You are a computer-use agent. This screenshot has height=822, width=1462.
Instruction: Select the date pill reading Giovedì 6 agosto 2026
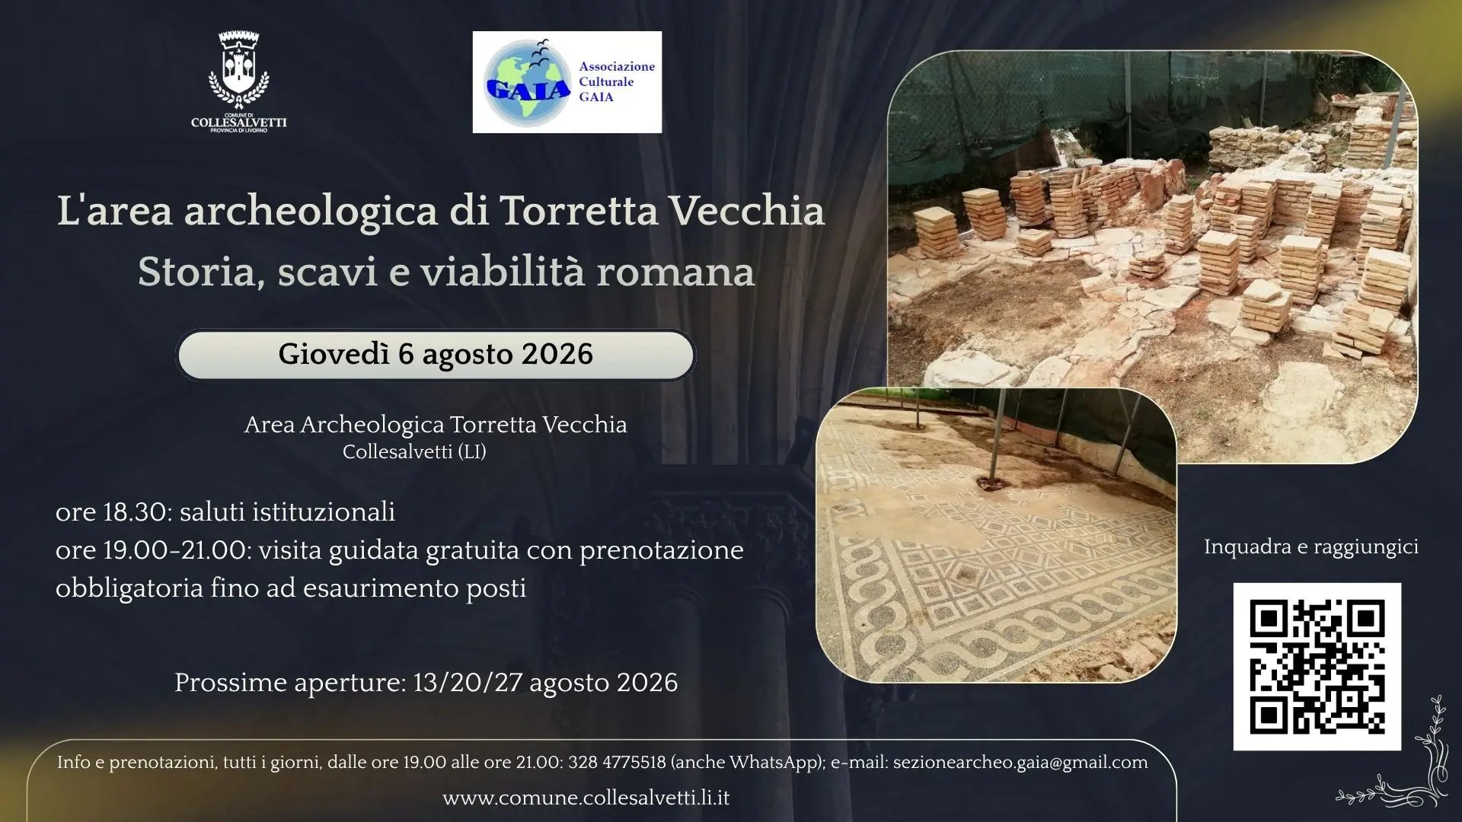click(436, 355)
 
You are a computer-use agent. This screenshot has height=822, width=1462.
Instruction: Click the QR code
click(1317, 667)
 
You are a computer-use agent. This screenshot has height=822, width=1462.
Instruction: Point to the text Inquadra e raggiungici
click(1311, 547)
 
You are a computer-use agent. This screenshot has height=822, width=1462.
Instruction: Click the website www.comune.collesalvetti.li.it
click(586, 798)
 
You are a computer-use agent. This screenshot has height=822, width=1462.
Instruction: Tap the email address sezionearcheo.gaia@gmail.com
click(1020, 763)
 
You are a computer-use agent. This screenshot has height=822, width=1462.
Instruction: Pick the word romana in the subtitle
click(675, 272)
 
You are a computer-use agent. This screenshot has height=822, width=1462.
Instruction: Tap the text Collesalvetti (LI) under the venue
click(414, 452)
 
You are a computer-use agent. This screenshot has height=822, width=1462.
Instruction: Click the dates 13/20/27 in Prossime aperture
click(468, 683)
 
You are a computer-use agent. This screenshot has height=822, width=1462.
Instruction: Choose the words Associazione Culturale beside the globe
click(617, 74)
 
